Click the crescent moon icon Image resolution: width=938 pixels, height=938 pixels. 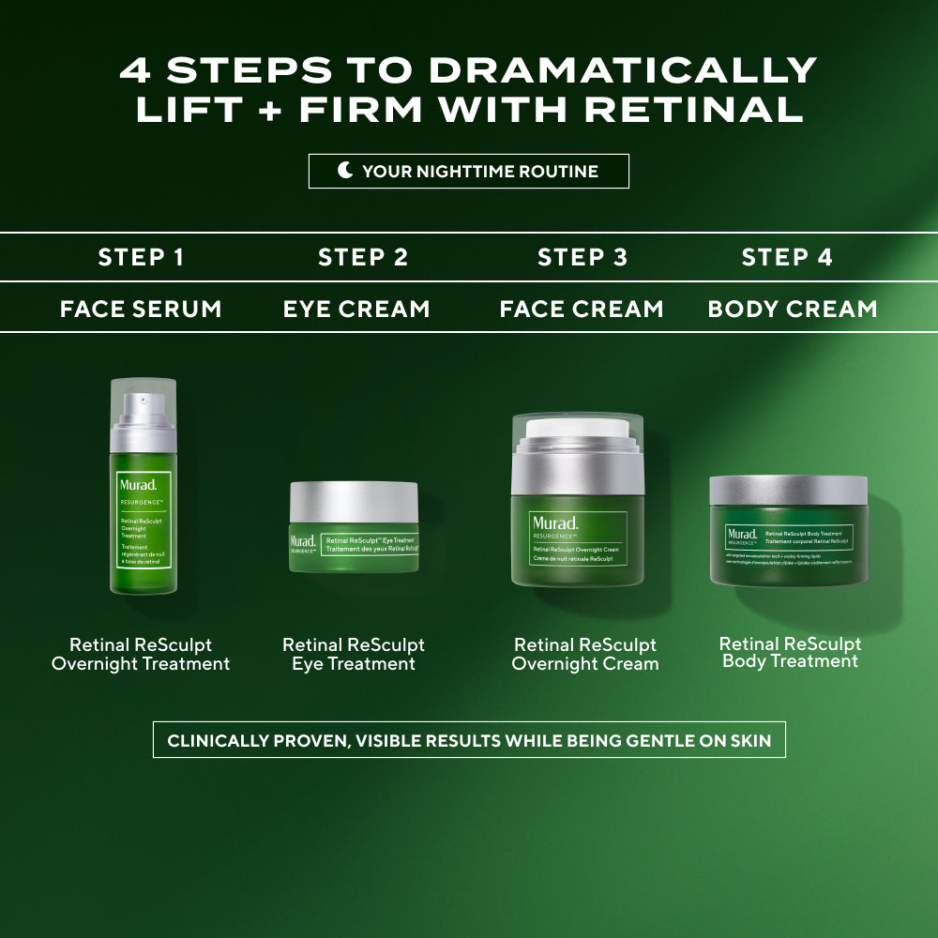[x=346, y=171]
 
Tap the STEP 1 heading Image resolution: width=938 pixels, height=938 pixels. [x=141, y=257]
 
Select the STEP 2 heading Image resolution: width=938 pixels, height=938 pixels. [x=363, y=257]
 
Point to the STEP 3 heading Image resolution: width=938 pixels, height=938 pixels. [x=582, y=257]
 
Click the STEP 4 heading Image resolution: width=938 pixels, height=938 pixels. [x=787, y=257]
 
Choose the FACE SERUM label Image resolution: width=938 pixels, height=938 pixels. [x=141, y=309]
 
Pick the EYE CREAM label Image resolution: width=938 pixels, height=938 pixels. [x=356, y=309]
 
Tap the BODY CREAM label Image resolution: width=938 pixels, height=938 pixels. [x=793, y=309]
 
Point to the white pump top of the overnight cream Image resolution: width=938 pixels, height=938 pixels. [x=578, y=430]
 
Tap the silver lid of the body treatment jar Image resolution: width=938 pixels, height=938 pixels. [x=788, y=491]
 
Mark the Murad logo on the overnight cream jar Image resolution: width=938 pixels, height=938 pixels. [x=553, y=523]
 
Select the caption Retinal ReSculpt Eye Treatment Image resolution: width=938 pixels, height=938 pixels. [x=354, y=655]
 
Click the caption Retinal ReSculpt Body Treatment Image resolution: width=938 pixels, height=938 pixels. [x=790, y=652]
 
